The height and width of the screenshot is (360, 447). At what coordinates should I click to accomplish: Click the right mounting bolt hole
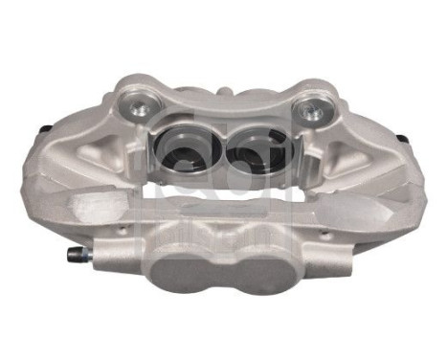pos(312,112)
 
